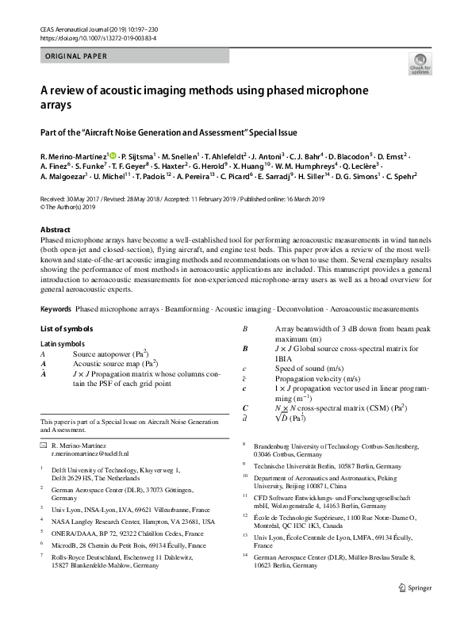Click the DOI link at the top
tap(98, 38)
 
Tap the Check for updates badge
tap(420, 65)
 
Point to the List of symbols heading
tap(67, 328)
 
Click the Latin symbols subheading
tap(64, 342)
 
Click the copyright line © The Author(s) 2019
tap(67, 208)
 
